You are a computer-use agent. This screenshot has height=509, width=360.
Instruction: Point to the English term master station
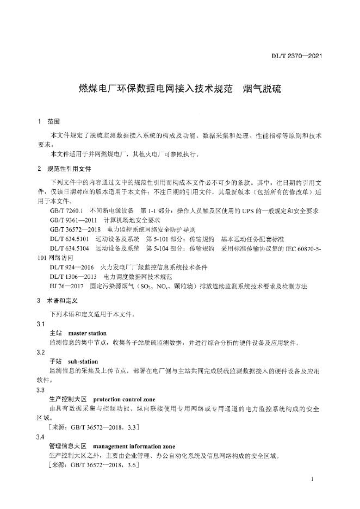coord(88,333)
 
